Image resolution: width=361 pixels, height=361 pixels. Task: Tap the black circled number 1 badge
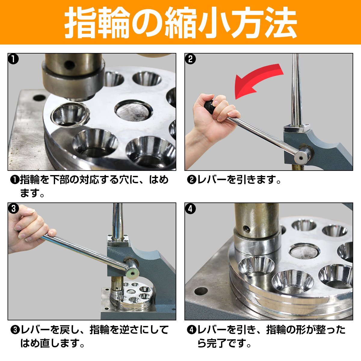14,59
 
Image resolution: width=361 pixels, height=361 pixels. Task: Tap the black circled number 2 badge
190,59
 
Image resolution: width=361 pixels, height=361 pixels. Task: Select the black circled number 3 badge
14,208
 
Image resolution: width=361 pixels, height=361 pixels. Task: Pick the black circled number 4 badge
190,208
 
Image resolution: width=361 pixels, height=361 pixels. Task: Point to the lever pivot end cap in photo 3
132,273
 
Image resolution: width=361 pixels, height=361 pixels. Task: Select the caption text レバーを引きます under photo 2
238,180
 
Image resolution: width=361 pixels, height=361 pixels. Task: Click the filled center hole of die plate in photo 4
304,251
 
